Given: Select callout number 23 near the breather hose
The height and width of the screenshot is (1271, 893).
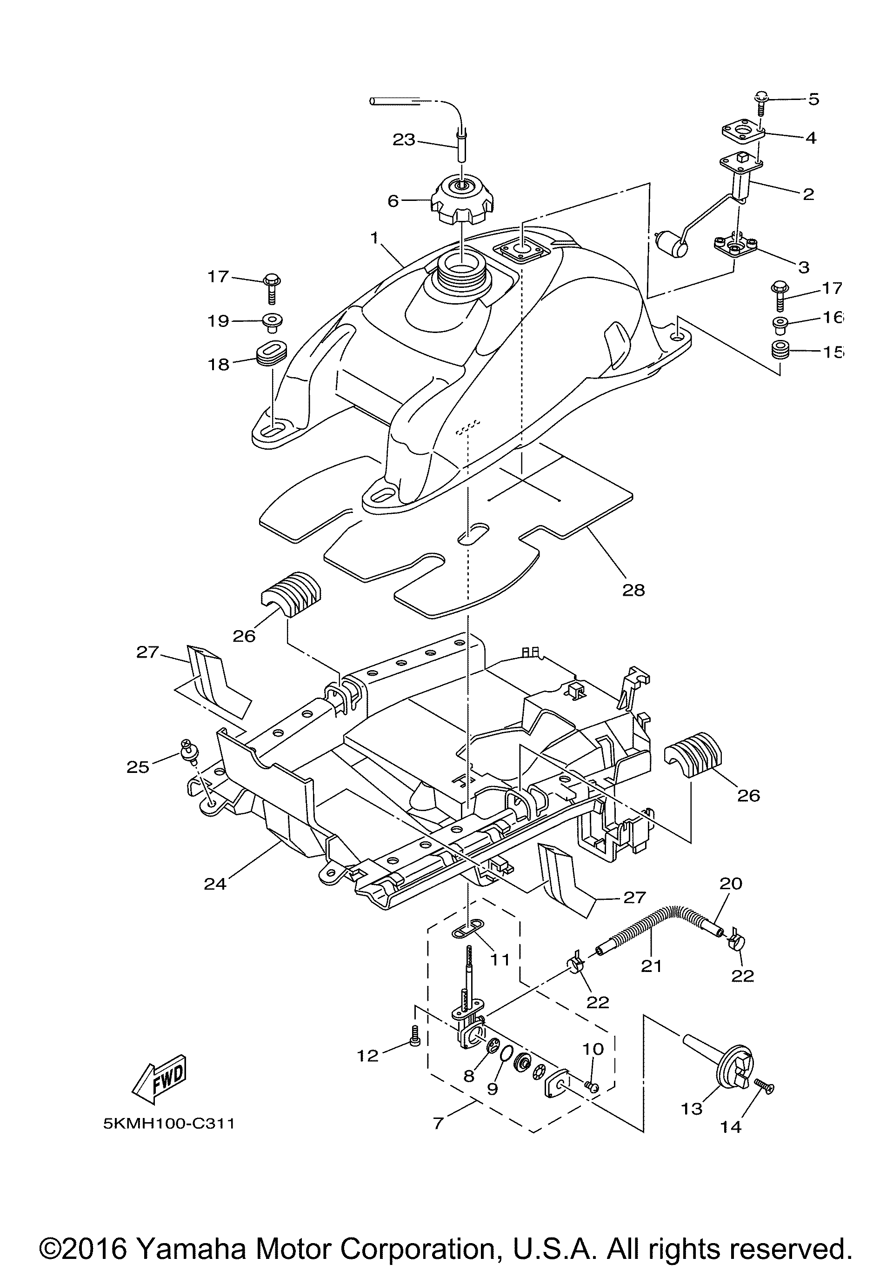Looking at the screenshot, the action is tap(404, 140).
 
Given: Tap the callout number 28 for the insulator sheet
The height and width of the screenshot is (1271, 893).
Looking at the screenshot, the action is tap(633, 590).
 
